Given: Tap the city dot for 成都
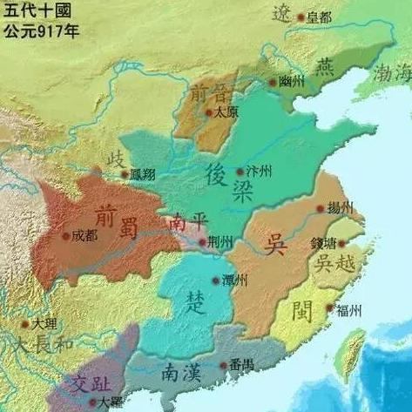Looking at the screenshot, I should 65,235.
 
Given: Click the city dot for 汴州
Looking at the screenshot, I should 240,172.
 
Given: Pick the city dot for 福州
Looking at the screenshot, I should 329,307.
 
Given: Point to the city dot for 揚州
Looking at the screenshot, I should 321,207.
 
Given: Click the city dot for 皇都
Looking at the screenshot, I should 301,17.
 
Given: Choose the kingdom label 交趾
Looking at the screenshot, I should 91,382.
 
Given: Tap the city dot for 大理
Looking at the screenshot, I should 25,324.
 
